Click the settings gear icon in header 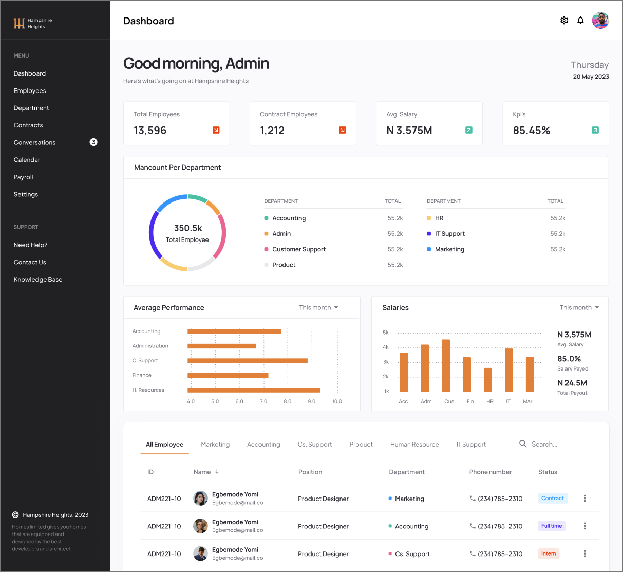[x=564, y=21]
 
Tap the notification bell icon [x=580, y=21]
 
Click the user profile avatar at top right [x=600, y=21]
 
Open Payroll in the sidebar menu [x=23, y=177]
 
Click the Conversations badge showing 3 [x=93, y=142]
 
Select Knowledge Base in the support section [x=38, y=279]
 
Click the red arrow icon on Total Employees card [x=216, y=130]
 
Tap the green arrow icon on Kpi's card [x=595, y=130]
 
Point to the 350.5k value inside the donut [x=188, y=228]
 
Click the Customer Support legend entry [x=299, y=249]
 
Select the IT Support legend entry [x=449, y=234]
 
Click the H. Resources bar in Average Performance [x=254, y=390]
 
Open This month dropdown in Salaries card [x=579, y=307]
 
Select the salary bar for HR [x=488, y=380]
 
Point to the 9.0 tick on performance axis [x=311, y=401]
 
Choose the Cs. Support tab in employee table [x=315, y=444]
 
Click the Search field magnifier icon [x=523, y=444]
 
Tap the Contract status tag [x=553, y=498]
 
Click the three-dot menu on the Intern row [x=584, y=553]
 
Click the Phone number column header [x=490, y=472]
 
